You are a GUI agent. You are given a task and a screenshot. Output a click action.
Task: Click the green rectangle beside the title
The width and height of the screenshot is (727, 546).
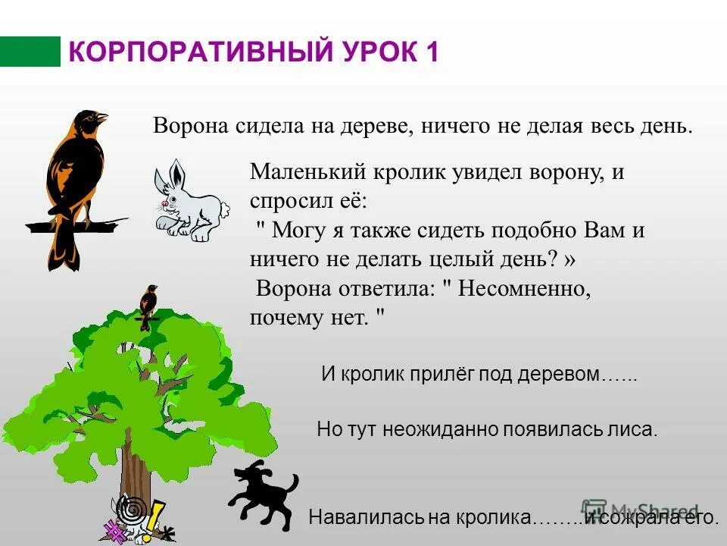30,52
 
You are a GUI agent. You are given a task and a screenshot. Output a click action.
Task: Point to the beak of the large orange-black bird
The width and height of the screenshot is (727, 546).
103,118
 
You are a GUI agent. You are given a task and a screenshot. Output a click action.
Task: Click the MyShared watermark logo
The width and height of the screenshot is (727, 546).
644,510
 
